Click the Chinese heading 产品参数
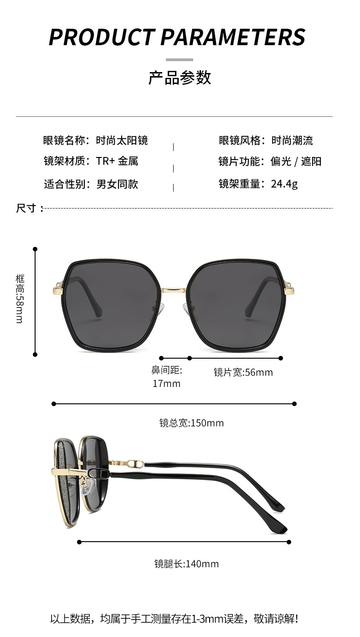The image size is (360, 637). [x=180, y=78]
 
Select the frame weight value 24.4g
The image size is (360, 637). [x=284, y=184]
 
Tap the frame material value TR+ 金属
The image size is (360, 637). [x=117, y=161]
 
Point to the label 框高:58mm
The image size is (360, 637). [x=20, y=299]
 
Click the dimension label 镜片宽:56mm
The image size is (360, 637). [x=243, y=372]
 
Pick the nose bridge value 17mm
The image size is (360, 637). [x=166, y=384]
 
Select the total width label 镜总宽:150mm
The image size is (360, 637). [x=191, y=423]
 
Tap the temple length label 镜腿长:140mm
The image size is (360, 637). [x=186, y=564]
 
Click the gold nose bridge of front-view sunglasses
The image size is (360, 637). [x=174, y=290]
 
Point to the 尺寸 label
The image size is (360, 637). [x=26, y=209]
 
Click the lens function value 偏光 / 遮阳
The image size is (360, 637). [x=296, y=162]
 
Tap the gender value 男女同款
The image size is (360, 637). [x=117, y=184]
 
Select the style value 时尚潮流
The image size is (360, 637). [x=292, y=141]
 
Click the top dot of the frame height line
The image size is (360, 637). [x=35, y=249]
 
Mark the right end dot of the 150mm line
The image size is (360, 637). [x=294, y=404]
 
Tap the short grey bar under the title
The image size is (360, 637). [x=180, y=59]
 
